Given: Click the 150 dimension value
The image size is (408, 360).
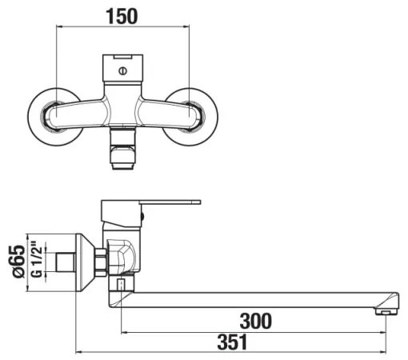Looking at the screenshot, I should tap(122, 15).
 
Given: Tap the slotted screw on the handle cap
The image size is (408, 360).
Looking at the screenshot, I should tap(122, 71).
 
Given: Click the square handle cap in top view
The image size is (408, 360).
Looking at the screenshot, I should tap(122, 70).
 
